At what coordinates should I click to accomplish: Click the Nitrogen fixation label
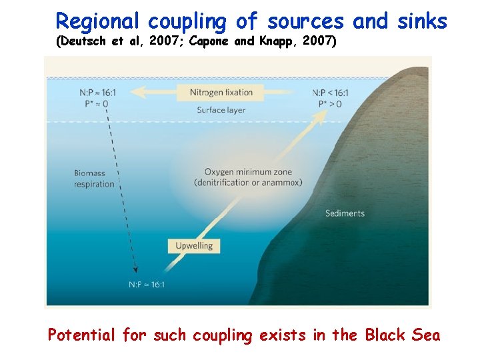[x=221, y=92]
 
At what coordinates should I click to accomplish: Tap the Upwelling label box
[x=194, y=245]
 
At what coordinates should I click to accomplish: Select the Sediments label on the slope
[x=345, y=213]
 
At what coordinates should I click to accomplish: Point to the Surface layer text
[x=221, y=110]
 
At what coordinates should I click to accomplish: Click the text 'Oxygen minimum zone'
[x=247, y=171]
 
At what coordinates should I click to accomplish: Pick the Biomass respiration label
[x=94, y=179]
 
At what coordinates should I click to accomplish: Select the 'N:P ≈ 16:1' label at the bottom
[x=146, y=285]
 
